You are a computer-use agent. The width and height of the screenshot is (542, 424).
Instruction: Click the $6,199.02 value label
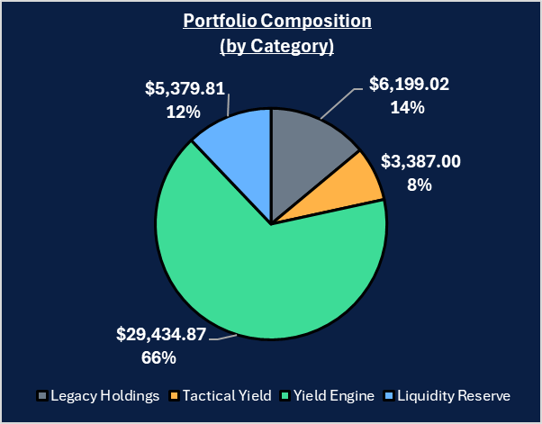pos(410,86)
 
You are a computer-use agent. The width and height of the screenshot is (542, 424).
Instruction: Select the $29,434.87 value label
pos(162,335)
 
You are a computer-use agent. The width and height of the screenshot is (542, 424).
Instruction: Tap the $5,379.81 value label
pos(185,89)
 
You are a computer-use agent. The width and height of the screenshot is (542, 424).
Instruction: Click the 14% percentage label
pos(409,108)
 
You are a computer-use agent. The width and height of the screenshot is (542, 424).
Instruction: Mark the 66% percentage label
pos(162,357)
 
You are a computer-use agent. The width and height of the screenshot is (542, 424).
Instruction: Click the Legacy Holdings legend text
pos(105,396)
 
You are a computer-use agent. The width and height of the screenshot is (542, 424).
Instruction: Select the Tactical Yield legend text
pos(226,396)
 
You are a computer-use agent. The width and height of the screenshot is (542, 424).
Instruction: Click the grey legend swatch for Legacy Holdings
pos(42,396)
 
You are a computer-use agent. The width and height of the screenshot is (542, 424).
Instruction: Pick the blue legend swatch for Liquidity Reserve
pos(389,396)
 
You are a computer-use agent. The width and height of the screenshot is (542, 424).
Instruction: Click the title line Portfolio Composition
pos(271,21)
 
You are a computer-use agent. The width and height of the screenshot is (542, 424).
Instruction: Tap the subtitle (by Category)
pos(271,45)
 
